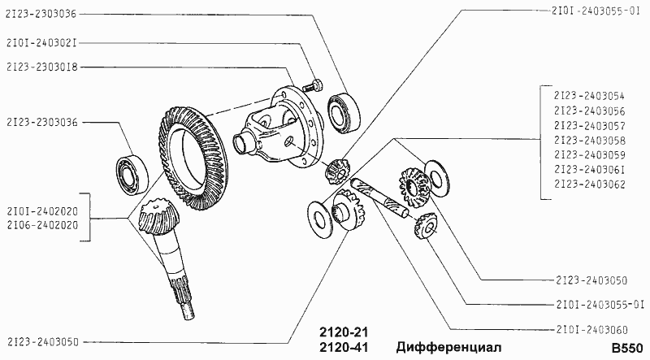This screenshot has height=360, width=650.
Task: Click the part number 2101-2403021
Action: pyautogui.click(x=42, y=43)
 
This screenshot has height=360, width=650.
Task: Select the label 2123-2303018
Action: pyautogui.click(x=42, y=67)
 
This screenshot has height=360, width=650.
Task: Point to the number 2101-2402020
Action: pyautogui.click(x=42, y=211)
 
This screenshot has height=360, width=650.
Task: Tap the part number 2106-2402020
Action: pyautogui.click(x=42, y=225)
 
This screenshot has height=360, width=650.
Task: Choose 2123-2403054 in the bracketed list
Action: pyautogui.click(x=589, y=96)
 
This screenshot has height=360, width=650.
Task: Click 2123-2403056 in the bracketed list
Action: pyautogui.click(x=589, y=111)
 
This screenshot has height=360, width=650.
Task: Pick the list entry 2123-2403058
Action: pyautogui.click(x=589, y=141)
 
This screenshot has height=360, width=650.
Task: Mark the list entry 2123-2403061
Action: pyautogui.click(x=589, y=169)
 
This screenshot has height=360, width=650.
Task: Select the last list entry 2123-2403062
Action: pyautogui.click(x=589, y=184)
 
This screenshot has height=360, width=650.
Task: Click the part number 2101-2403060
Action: pyautogui.click(x=591, y=330)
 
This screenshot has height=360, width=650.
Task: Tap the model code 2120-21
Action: pyautogui.click(x=344, y=332)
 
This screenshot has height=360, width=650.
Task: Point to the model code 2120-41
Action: pyautogui.click(x=344, y=347)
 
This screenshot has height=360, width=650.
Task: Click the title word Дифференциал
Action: pyautogui.click(x=448, y=347)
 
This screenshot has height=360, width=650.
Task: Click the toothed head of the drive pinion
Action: pyautogui.click(x=154, y=218)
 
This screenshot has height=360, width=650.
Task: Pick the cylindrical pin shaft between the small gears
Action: pyautogui.click(x=380, y=198)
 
